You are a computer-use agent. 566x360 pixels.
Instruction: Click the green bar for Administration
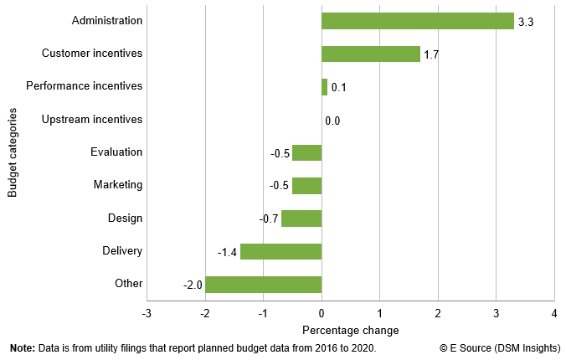click(x=417, y=21)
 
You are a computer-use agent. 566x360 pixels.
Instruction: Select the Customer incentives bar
click(x=370, y=54)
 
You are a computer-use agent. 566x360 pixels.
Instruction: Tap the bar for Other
click(x=263, y=284)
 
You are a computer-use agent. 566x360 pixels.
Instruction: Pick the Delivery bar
click(x=280, y=251)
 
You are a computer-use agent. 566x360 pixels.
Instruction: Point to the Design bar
click(x=301, y=219)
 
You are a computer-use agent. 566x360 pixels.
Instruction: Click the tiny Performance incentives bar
click(x=324, y=86)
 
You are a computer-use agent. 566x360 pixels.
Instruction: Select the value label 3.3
click(x=526, y=22)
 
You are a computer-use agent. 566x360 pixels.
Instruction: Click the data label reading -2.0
click(x=193, y=285)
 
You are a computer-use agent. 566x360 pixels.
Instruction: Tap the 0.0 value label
click(x=332, y=121)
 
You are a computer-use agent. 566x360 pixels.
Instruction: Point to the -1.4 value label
click(x=228, y=252)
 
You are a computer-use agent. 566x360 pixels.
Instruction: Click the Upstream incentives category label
click(x=92, y=120)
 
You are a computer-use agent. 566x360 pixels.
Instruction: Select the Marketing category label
click(x=117, y=185)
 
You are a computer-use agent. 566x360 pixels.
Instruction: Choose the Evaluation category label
click(x=116, y=152)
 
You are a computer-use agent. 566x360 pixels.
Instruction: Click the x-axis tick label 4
click(x=553, y=313)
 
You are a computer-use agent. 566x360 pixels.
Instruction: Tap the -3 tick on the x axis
click(x=147, y=313)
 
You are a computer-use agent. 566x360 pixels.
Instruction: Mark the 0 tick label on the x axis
click(x=322, y=313)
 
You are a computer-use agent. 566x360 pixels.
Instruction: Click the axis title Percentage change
click(x=350, y=329)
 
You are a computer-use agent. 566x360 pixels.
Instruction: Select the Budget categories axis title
click(x=13, y=152)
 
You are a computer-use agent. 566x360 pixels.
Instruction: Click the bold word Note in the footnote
click(x=23, y=348)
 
